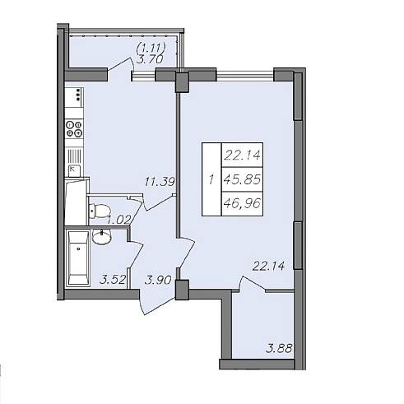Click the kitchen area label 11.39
[x=160, y=182]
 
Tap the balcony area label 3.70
[x=150, y=59]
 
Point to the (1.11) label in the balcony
[x=151, y=49]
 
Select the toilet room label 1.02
[x=118, y=220]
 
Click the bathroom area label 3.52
[x=113, y=280]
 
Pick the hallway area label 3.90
[x=158, y=281]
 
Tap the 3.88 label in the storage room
[x=279, y=349]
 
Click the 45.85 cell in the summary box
[x=242, y=180]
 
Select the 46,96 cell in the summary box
[x=242, y=203]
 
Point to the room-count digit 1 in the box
[x=211, y=180]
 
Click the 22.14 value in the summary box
[x=243, y=156]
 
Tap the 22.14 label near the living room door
[x=268, y=266]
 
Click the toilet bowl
[x=100, y=211]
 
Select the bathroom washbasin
[x=102, y=236]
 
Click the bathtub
[x=78, y=258]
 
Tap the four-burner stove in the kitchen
[x=74, y=128]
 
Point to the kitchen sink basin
[x=74, y=170]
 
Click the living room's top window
[x=245, y=76]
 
